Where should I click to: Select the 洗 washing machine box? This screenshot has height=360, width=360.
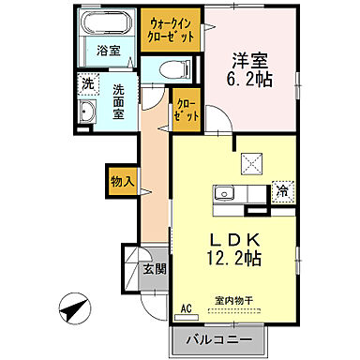(x=87, y=82)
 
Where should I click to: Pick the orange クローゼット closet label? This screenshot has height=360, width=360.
(x=184, y=111)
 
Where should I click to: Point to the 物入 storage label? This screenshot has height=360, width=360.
(x=123, y=178)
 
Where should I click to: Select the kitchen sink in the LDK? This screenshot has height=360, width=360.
(x=225, y=194)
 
